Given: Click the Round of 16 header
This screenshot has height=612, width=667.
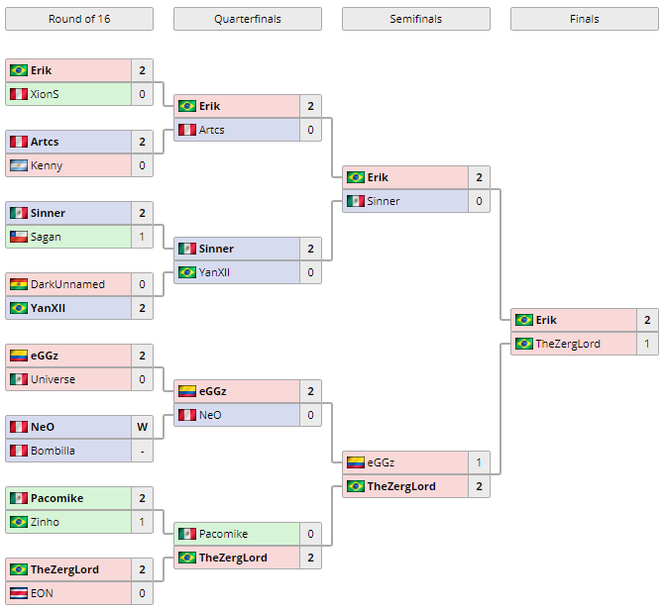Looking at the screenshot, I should coord(79,19).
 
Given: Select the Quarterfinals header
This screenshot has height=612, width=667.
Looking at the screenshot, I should coord(247,19).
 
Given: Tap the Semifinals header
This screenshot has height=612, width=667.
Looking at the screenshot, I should coord(415,19).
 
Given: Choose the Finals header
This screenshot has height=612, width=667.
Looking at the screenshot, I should coord(584,19).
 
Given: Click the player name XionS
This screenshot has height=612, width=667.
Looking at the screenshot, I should coord(46,94).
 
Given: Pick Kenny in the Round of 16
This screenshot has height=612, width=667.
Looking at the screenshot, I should coord(47,165).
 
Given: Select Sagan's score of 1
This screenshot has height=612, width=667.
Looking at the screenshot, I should coord(143,237).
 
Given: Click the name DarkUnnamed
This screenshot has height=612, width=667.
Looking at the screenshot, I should coord(67,284).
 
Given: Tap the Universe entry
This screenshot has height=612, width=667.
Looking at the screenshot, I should coord(53,379).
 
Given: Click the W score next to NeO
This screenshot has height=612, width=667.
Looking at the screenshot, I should coord(143,427).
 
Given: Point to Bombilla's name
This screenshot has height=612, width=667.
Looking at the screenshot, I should coord(53,451).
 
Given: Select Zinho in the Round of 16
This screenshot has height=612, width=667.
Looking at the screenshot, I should coord(46,522).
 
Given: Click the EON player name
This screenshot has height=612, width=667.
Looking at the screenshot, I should coord(42,593).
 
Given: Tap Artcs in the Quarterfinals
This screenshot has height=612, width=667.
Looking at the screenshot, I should coord(212,130).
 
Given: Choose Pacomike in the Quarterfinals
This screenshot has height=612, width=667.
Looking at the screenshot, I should coord(223,534).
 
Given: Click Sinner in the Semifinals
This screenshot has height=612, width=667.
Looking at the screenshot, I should coord(384,201).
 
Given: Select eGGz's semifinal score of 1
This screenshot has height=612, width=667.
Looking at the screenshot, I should coord(479,462).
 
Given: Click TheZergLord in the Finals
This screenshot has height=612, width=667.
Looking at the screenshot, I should coord(568,344).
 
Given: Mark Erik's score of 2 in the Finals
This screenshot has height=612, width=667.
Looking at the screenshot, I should coord(647,320).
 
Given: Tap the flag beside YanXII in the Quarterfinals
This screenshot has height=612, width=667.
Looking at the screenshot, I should coord(186,272).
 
